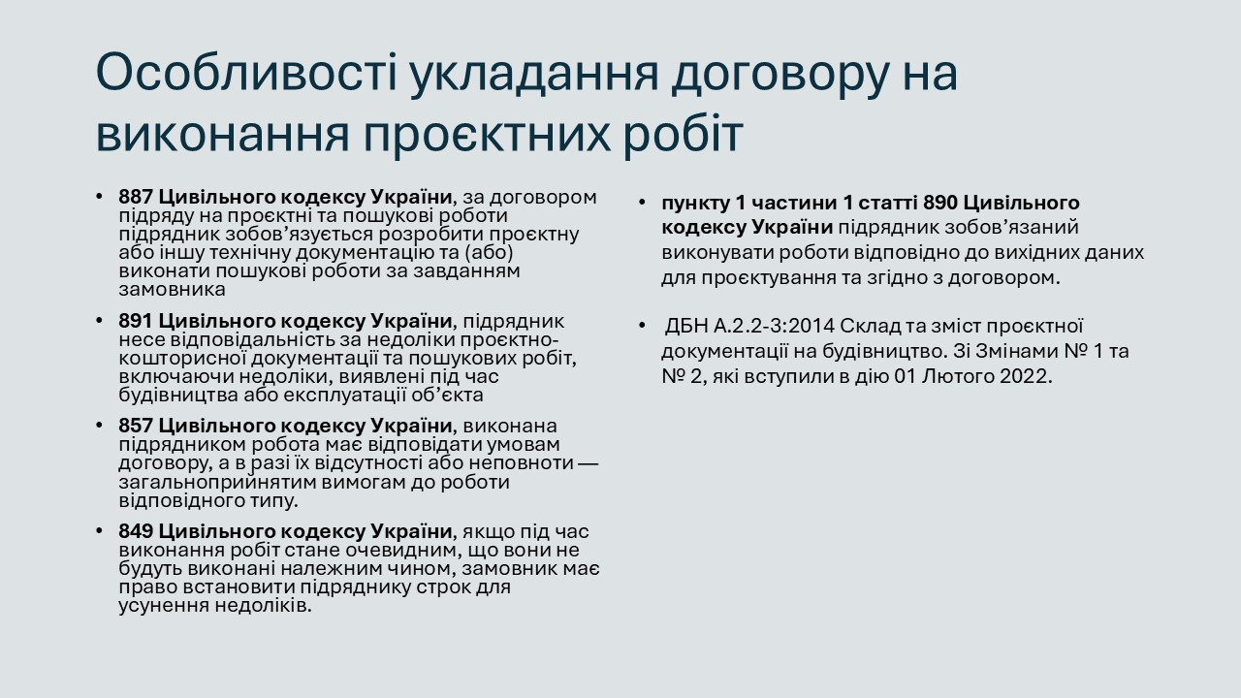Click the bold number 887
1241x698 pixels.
click(x=136, y=197)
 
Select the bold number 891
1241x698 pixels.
click(x=136, y=321)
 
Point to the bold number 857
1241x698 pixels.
click(x=136, y=426)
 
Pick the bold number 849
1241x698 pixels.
click(x=136, y=531)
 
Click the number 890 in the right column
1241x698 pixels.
click(x=940, y=203)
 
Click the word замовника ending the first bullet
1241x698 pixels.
click(x=173, y=290)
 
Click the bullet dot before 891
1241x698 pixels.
click(x=99, y=321)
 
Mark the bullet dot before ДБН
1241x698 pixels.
click(x=642, y=326)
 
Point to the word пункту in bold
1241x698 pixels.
click(x=695, y=204)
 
